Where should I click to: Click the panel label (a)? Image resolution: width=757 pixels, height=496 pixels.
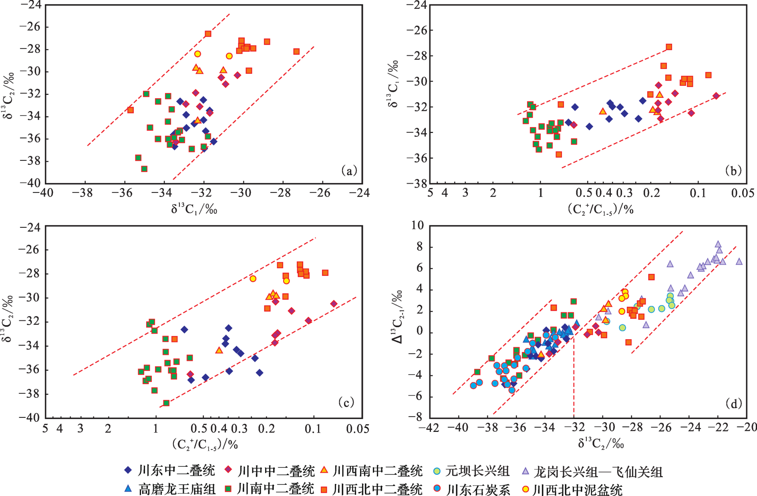point(348,171)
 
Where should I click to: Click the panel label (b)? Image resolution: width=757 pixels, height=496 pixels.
point(733,171)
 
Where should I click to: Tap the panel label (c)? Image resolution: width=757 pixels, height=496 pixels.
point(346,402)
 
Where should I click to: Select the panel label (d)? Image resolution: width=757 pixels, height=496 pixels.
point(733,403)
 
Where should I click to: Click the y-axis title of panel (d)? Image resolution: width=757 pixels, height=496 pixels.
point(397,317)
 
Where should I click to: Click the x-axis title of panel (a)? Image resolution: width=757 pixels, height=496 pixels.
point(194,208)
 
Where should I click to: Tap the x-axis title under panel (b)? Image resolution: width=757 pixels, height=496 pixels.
point(600,209)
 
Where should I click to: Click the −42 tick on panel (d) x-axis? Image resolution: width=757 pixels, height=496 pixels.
point(428,427)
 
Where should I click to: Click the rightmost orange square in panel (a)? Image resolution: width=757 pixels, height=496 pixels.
point(296,51)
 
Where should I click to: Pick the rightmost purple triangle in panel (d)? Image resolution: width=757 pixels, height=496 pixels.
point(739,261)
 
